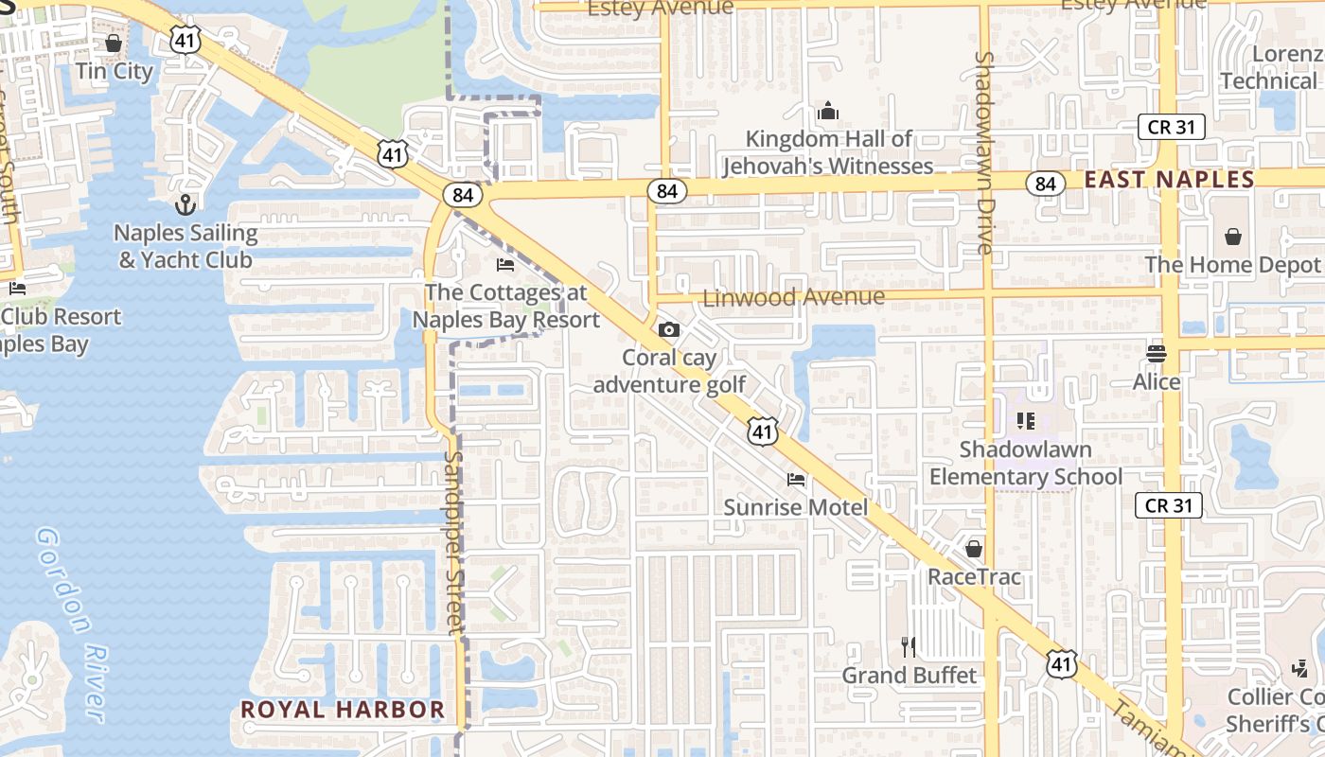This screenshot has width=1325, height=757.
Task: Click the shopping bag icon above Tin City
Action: pyautogui.click(x=114, y=44)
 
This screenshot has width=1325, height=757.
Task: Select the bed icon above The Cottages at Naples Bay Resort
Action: pyautogui.click(x=505, y=264)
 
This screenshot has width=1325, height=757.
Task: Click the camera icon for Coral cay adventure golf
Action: pyautogui.click(x=669, y=329)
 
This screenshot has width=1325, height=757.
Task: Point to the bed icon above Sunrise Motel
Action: pyautogui.click(x=796, y=480)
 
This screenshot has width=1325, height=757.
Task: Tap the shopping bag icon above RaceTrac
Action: pyautogui.click(x=974, y=549)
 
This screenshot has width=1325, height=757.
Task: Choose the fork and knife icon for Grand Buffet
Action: pyautogui.click(x=909, y=647)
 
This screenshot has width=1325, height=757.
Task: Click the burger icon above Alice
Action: pyautogui.click(x=1157, y=354)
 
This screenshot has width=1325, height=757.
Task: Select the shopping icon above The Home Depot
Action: pyautogui.click(x=1233, y=237)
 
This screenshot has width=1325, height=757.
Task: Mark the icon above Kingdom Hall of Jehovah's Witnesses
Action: pyautogui.click(x=828, y=112)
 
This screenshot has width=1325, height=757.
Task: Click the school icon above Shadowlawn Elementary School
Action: pyautogui.click(x=1026, y=420)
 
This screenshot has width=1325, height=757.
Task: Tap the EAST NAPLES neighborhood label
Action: pyautogui.click(x=1170, y=180)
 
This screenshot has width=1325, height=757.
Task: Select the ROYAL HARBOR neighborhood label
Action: pyautogui.click(x=342, y=709)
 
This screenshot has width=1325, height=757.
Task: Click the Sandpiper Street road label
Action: pyautogui.click(x=455, y=539)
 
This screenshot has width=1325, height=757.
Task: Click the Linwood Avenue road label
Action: pyautogui.click(x=794, y=297)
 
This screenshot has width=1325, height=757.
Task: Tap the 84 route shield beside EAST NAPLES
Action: pyautogui.click(x=1045, y=184)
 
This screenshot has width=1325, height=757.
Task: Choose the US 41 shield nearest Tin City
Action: pyautogui.click(x=186, y=40)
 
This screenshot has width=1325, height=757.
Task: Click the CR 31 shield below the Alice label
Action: pyautogui.click(x=1169, y=505)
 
